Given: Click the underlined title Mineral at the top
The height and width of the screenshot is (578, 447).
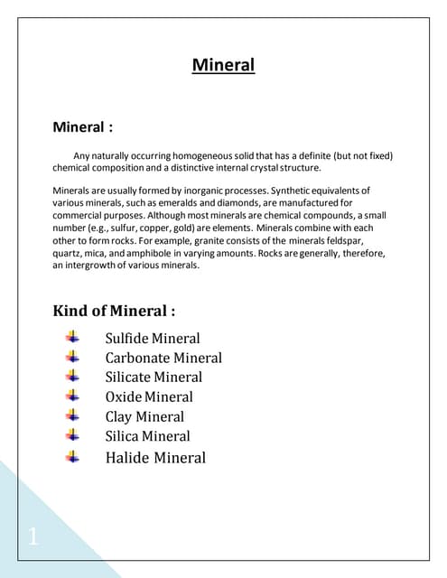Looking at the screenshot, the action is coord(223,65).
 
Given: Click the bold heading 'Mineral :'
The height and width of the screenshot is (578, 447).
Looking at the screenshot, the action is coord(83,127).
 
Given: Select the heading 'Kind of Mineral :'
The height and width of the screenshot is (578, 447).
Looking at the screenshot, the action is coord(114,312).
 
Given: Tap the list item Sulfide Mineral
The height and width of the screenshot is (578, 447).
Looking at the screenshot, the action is coord(153,339).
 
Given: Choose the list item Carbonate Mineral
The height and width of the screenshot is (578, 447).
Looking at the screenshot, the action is coord(163,358).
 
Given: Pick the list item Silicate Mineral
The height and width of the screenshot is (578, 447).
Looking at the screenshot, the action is coord(154,377).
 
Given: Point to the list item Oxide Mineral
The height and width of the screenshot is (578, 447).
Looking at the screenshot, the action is coord(149,396).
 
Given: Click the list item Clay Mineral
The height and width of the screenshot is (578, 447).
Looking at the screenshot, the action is coord(144,416).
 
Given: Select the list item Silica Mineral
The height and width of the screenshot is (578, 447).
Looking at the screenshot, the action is coord(147,435).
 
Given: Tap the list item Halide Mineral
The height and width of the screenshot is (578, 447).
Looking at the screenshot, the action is coord(155,457).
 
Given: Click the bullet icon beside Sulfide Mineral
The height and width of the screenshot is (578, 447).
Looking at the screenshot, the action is coord(74,338).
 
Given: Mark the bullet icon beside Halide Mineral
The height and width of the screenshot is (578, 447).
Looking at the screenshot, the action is coord(74,456).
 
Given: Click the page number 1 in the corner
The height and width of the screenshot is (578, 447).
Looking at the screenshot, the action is coord(33,538).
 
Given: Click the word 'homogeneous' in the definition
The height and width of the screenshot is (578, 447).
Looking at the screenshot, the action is coord(197,156).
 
